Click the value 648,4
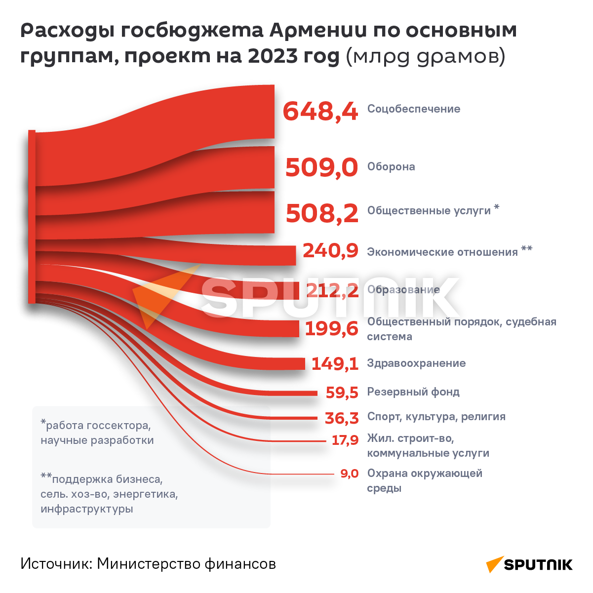320,111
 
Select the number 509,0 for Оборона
321,167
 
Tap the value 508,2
322,213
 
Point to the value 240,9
330,251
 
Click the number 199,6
331,328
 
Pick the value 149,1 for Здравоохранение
334,364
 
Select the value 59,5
342,393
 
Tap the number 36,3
342,418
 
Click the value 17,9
345,440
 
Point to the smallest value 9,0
349,474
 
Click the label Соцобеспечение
413,109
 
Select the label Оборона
391,167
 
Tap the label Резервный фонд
413,392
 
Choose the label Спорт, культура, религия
436,417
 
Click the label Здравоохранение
416,363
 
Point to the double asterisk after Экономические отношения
526,249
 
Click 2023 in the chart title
269,56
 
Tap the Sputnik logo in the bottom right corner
529,564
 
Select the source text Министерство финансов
186,564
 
